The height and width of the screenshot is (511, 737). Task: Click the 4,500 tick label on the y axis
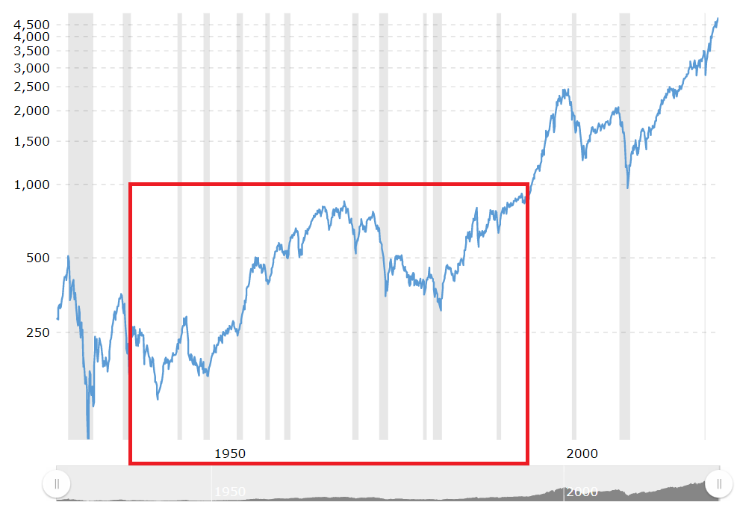(32, 25)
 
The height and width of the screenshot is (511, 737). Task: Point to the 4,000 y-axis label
(32, 36)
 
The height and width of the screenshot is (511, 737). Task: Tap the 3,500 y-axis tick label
(32, 51)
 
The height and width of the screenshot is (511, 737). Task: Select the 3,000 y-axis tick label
(32, 68)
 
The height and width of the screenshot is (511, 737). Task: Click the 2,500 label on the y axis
(32, 87)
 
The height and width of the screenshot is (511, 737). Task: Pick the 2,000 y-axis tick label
(32, 111)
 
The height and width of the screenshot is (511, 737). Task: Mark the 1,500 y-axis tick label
(32, 141)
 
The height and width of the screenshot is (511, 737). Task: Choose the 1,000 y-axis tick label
(32, 185)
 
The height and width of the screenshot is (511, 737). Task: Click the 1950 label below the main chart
(230, 453)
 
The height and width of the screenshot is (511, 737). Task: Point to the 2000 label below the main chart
(582, 453)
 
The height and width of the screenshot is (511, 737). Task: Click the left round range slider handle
(57, 484)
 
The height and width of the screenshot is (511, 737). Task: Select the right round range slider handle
(719, 484)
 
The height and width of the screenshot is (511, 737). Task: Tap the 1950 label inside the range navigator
(231, 492)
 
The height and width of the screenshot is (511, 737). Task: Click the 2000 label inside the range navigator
(582, 492)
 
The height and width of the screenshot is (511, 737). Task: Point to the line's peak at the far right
(718, 19)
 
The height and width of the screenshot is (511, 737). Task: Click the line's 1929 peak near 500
(68, 256)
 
